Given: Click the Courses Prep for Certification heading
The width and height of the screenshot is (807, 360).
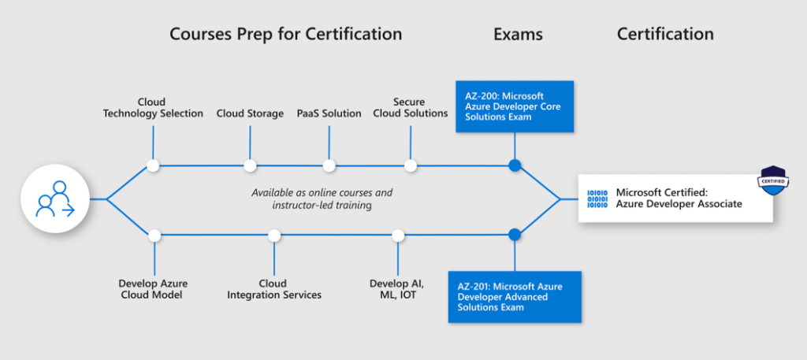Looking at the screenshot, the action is point(285,34).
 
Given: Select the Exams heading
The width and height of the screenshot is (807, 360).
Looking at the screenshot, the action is point(518,34).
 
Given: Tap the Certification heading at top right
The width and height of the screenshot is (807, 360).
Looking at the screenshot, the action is point(665,34).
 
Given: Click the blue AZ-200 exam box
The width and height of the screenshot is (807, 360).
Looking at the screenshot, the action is point(515,106).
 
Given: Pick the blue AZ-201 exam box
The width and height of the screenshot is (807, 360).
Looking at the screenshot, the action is point(515,297).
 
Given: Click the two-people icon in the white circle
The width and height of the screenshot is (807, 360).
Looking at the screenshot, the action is point(55,199).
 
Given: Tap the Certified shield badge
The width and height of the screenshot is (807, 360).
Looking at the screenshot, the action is point(774,180).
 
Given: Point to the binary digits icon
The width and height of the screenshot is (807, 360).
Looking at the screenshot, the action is point(597,199).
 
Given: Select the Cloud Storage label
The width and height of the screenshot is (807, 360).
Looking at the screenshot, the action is point(250,113).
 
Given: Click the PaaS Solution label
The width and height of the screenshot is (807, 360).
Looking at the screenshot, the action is point(329,113).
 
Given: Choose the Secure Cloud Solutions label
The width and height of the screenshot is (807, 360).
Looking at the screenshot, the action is point(410,107).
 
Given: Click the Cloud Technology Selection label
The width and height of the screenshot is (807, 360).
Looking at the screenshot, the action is point(153,107).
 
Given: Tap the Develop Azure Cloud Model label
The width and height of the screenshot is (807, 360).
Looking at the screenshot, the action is point(154,289).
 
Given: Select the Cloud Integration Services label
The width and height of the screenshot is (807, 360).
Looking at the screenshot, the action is point(274,289).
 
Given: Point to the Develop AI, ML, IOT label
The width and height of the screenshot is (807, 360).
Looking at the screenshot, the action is point(397,289).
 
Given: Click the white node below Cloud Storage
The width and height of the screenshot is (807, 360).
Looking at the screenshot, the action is point(250,165).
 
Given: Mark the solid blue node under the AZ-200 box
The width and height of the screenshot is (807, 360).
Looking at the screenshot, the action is point(515,165).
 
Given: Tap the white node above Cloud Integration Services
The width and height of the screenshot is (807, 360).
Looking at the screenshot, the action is point(274,236).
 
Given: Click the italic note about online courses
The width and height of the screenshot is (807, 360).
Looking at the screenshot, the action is point(322,199).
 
